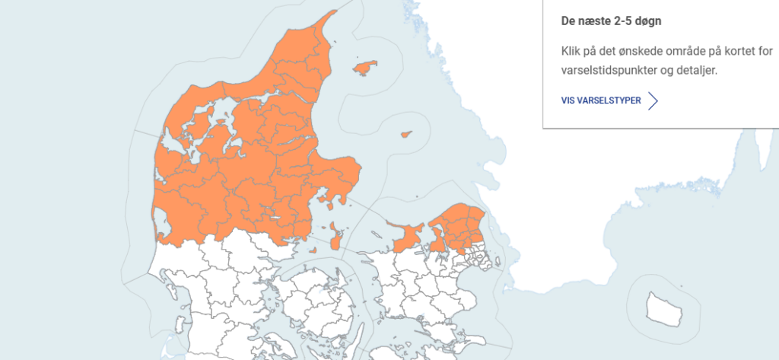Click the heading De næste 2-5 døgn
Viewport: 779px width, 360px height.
pyautogui.click(x=611, y=21)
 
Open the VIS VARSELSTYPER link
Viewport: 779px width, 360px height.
pyautogui.click(x=601, y=100)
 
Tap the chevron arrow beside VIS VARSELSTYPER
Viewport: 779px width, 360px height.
pyautogui.click(x=652, y=100)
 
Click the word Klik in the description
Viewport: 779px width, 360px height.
pyautogui.click(x=571, y=53)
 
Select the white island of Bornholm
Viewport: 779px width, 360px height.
pyautogui.click(x=663, y=307)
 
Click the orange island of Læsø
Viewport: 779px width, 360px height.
pyautogui.click(x=365, y=67)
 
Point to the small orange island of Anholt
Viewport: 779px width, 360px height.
pyautogui.click(x=405, y=134)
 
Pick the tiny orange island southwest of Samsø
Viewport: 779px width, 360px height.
pyautogui.click(x=312, y=250)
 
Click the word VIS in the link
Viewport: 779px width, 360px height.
pyautogui.click(x=568, y=100)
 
